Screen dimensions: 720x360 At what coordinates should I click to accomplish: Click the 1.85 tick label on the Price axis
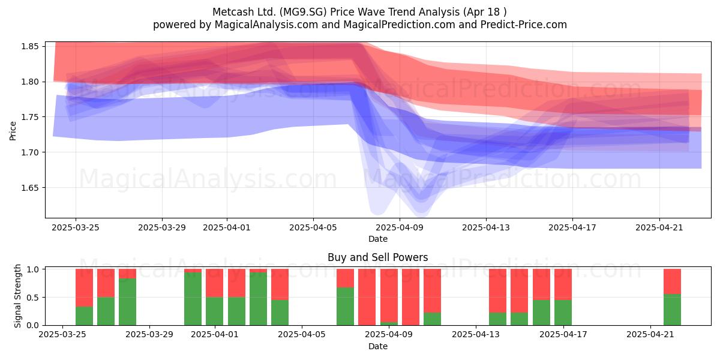point(29,46)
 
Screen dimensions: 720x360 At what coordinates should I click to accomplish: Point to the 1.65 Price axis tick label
point(29,188)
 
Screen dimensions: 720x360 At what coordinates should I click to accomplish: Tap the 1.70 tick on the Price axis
point(29,152)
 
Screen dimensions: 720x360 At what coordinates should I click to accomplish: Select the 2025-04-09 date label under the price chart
point(400,227)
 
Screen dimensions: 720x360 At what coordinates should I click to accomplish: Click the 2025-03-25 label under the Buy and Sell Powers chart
point(62,335)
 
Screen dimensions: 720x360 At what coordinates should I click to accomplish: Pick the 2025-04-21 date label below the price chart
point(659,227)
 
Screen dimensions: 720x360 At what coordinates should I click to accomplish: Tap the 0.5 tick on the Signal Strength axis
point(33,298)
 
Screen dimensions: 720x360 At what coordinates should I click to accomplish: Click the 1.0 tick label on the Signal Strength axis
point(33,269)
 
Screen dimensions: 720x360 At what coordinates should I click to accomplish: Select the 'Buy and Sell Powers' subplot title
point(377,257)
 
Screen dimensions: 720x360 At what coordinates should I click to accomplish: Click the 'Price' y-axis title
point(13,131)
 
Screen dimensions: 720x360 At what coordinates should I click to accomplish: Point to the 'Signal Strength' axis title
point(17,296)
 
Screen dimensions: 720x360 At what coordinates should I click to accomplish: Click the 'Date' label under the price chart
point(378,239)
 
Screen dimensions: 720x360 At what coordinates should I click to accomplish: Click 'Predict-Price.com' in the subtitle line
point(524,25)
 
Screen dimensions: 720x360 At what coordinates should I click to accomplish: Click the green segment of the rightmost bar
point(672,310)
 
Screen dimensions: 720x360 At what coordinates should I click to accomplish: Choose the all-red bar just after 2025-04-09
point(410,297)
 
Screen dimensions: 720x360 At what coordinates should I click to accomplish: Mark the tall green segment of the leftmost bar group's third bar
point(127,302)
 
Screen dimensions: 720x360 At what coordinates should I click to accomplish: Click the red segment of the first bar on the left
point(84,287)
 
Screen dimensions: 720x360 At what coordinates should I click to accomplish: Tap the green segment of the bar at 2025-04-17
point(563,313)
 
